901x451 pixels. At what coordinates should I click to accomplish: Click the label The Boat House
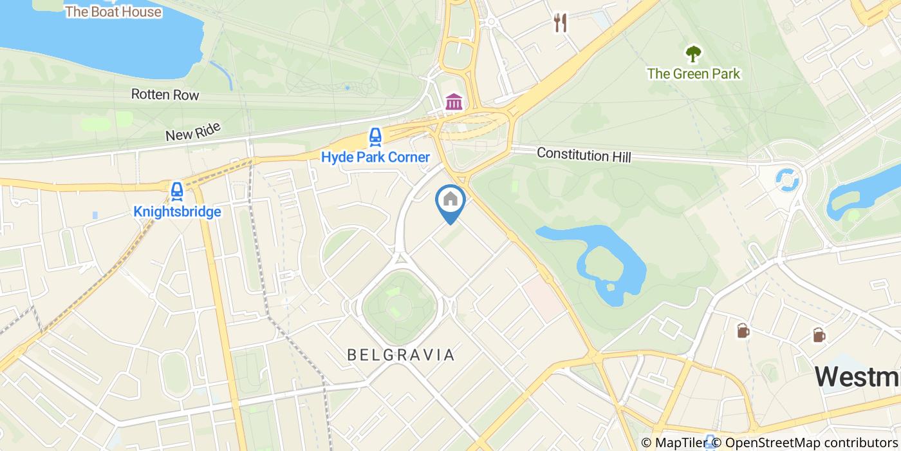pyautogui.click(x=113, y=12)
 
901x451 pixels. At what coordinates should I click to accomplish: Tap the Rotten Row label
pyautogui.click(x=165, y=95)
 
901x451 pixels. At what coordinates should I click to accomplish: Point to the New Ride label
pyautogui.click(x=192, y=131)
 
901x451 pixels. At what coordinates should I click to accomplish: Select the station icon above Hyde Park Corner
pyautogui.click(x=375, y=137)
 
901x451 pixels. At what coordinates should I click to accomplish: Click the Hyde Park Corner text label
pyautogui.click(x=375, y=157)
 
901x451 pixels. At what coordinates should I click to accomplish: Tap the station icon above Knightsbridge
pyautogui.click(x=177, y=191)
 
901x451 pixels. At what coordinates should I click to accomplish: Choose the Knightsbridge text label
pyautogui.click(x=177, y=211)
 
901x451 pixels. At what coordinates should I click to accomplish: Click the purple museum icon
pyautogui.click(x=454, y=101)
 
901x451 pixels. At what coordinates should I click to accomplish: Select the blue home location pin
pyautogui.click(x=450, y=201)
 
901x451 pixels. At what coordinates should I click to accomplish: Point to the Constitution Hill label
pyautogui.click(x=584, y=155)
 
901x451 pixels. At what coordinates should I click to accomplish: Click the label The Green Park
pyautogui.click(x=693, y=73)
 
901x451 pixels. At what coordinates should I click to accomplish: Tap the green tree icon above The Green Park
pyautogui.click(x=693, y=53)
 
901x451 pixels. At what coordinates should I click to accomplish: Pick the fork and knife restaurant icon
pyautogui.click(x=561, y=23)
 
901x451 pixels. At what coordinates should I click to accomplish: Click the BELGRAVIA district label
pyautogui.click(x=401, y=354)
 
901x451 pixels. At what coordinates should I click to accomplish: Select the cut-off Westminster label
pyautogui.click(x=857, y=376)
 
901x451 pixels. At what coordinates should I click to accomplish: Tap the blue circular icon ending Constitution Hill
pyautogui.click(x=786, y=180)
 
